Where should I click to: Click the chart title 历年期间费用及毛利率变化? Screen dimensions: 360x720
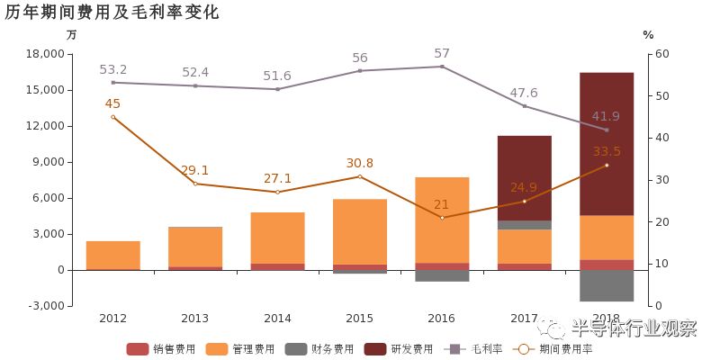pos(112,13)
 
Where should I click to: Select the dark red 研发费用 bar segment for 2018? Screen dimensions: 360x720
pos(607,144)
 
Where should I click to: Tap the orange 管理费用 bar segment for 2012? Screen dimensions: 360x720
pos(112,255)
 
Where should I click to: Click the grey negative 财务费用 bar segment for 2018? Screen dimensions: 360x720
pos(607,285)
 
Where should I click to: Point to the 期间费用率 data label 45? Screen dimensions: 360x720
pos(112,103)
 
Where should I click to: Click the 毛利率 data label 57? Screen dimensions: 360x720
pos(442,54)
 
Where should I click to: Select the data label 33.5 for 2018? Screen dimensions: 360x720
pos(607,151)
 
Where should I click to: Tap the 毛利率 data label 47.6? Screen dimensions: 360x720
pos(524,93)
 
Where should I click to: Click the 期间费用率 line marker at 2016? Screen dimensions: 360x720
pos(442,218)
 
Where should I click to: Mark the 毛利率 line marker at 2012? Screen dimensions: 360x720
pos(112,83)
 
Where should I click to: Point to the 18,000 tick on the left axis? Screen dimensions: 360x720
pos(46,54)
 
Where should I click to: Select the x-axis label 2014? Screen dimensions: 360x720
pos(277,319)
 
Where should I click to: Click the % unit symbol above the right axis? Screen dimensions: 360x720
pos(648,35)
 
